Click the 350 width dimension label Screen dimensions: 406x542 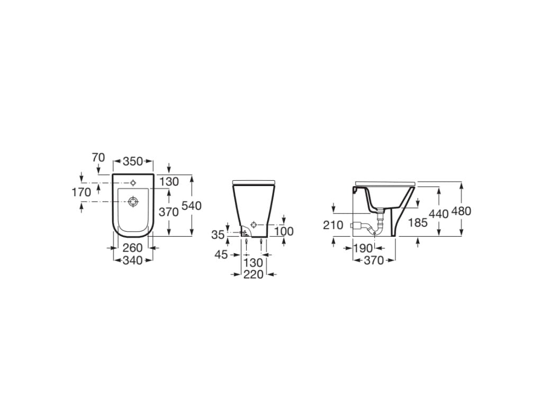tap(132, 161)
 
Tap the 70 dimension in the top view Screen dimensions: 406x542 tap(98, 157)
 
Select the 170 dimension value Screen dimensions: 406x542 tap(82, 192)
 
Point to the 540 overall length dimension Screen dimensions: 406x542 tap(191, 206)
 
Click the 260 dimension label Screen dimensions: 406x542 tap(132, 248)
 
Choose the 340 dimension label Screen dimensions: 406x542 tap(132, 260)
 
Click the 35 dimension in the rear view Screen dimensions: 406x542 tap(218, 235)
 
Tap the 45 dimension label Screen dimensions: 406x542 tap(221, 255)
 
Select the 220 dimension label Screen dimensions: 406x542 tap(254, 274)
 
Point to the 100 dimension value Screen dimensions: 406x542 tap(284, 232)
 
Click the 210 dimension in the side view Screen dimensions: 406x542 tap(333, 225)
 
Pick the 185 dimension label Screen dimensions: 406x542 tap(418, 223)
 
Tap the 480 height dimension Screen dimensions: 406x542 tap(461, 211)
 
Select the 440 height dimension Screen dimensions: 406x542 tap(439, 214)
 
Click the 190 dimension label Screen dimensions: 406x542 tap(364, 248)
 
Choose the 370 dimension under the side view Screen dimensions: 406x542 tap(374, 260)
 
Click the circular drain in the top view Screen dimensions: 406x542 tap(133, 201)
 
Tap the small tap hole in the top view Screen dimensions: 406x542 tap(133, 182)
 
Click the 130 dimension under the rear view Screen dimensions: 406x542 tap(253, 262)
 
